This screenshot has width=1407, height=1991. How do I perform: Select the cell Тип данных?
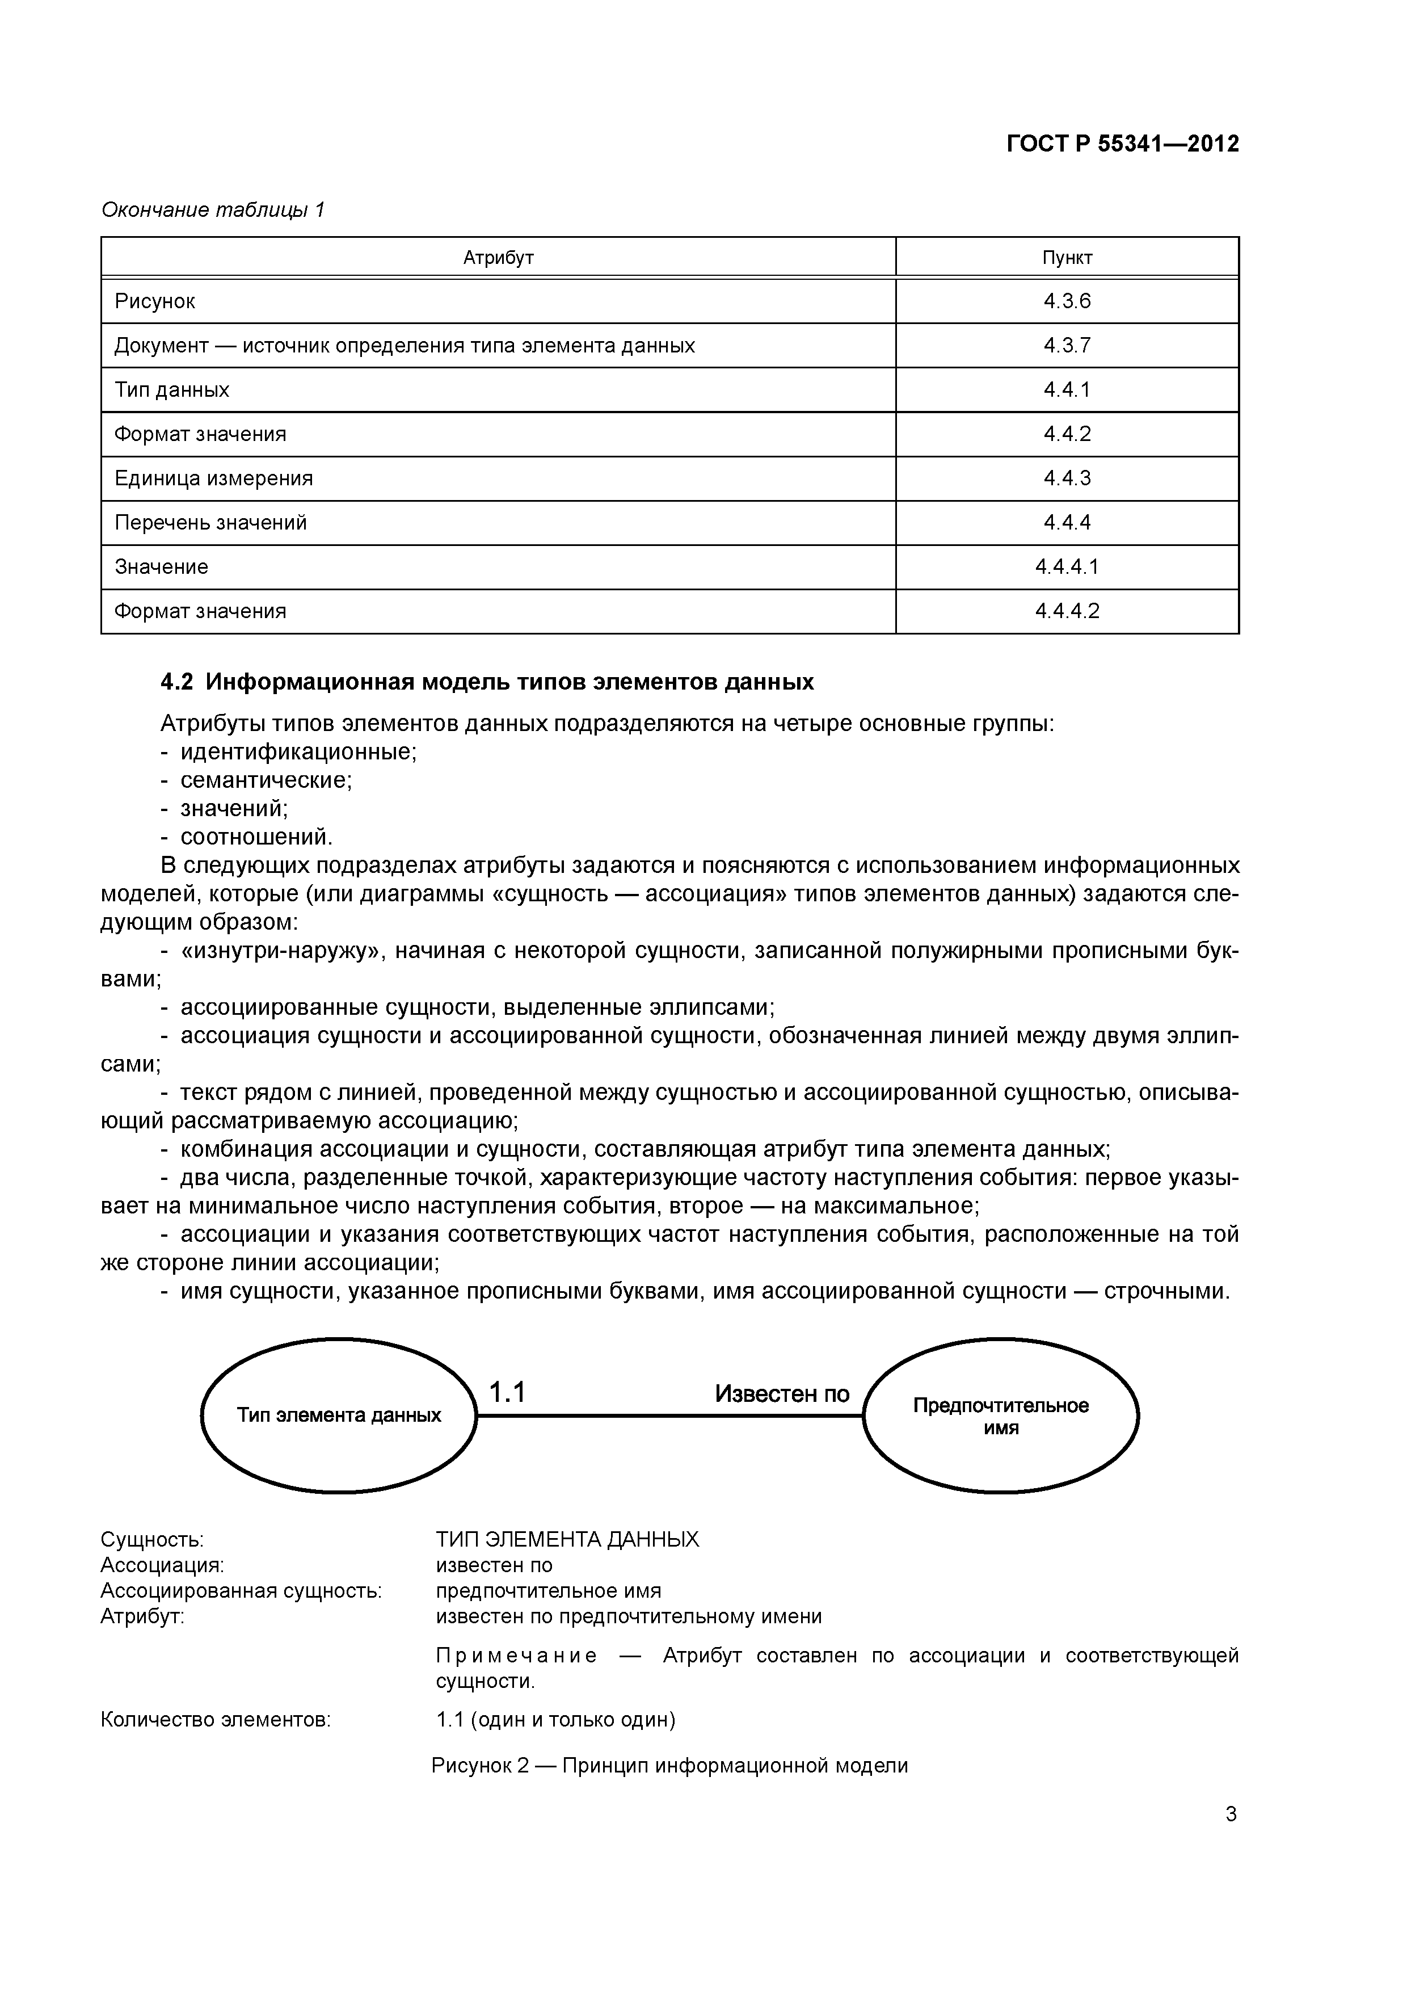tap(172, 390)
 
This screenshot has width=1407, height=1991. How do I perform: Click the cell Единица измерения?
tap(213, 478)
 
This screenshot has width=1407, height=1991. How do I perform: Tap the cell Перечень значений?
tap(210, 523)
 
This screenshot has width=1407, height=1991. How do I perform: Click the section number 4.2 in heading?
tap(177, 682)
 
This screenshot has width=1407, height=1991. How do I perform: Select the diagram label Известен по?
tap(781, 1393)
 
